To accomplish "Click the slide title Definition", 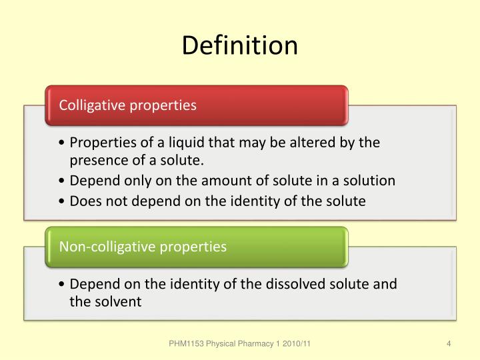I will click(x=240, y=45).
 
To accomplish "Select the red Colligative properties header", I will click(x=128, y=105).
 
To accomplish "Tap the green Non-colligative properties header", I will click(x=143, y=247).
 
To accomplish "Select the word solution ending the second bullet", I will click(x=371, y=181).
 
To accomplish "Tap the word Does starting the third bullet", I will click(x=85, y=201).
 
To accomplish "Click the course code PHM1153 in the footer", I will click(x=187, y=343).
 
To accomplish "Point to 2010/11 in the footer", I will click(x=296, y=343).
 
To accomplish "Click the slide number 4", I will click(x=449, y=343).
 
